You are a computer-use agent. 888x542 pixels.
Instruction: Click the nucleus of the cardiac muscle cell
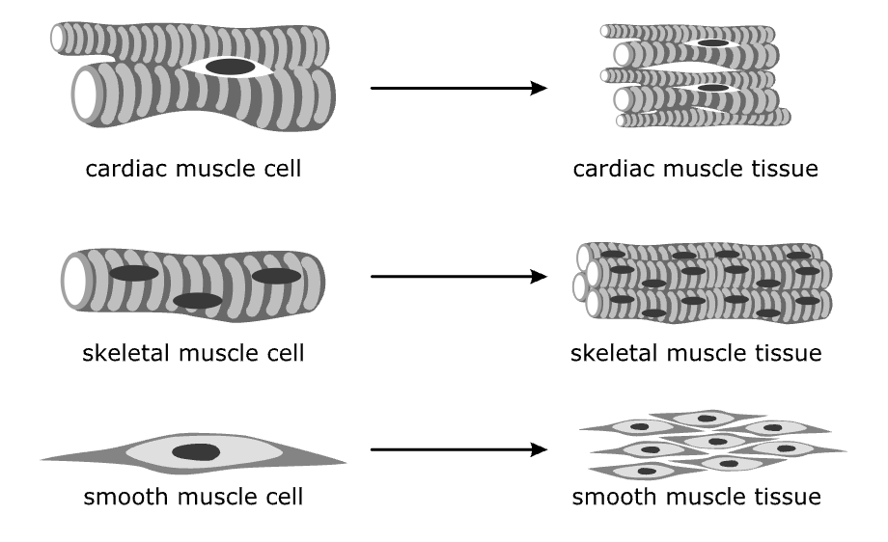[x=231, y=67]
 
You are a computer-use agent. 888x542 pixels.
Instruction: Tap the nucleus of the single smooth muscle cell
[x=195, y=452]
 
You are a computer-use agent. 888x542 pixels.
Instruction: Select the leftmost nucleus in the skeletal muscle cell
[x=133, y=274]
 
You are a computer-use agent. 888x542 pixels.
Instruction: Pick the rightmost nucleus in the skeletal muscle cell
[x=277, y=276]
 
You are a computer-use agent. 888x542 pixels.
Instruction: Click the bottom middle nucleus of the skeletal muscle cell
[x=198, y=301]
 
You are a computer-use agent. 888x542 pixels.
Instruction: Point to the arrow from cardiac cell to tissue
[x=458, y=89]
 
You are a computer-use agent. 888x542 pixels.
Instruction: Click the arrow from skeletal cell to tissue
[x=458, y=278]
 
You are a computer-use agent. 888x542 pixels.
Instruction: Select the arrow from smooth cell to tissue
[x=458, y=449]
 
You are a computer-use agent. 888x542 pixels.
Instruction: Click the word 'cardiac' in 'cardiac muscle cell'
[x=120, y=170]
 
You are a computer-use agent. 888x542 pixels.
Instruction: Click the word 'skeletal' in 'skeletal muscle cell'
[x=120, y=353]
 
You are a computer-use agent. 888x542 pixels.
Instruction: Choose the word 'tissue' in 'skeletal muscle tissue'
[x=788, y=353]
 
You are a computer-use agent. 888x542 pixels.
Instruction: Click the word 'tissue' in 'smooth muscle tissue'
[x=787, y=498]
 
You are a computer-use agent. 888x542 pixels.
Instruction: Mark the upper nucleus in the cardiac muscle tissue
[x=712, y=43]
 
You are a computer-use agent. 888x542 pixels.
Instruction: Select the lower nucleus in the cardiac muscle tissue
[x=712, y=88]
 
